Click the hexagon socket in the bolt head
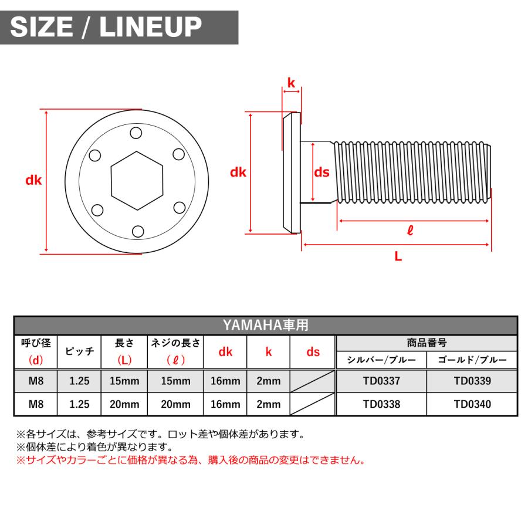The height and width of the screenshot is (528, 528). pos(137,181)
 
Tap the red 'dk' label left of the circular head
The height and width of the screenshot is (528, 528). pos(33,181)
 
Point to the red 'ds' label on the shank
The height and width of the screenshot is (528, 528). pos(321,172)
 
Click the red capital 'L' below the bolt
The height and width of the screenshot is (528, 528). pos(398,256)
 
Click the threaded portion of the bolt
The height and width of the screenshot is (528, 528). pos(411,172)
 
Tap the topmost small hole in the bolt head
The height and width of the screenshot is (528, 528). pos(137,133)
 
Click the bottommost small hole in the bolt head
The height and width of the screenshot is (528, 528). pos(137,231)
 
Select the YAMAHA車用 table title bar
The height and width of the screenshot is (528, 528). pos(265,324)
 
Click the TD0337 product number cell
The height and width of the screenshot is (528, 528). pos(381,381)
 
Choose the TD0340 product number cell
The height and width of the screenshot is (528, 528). pos(472,404)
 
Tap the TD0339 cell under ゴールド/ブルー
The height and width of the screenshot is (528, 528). pos(472,381)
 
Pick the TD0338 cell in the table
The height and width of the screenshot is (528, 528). pos(381,404)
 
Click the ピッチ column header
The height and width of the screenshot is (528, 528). pos(79,352)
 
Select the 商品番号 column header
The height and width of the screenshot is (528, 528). pos(427,343)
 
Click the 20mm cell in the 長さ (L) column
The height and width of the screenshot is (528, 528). pos(124,404)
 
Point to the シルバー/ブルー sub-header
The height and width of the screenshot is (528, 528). pos(381,360)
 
